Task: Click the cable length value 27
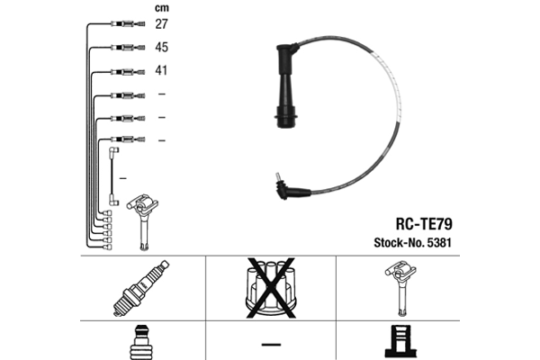[161, 24]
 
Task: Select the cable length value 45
[161, 47]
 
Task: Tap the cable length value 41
[161, 70]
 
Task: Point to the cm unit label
[161, 8]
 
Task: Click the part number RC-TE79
[424, 224]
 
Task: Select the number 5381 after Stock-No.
[439, 242]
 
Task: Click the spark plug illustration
[141, 288]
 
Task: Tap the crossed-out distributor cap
[271, 288]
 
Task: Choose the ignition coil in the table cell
[400, 288]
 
